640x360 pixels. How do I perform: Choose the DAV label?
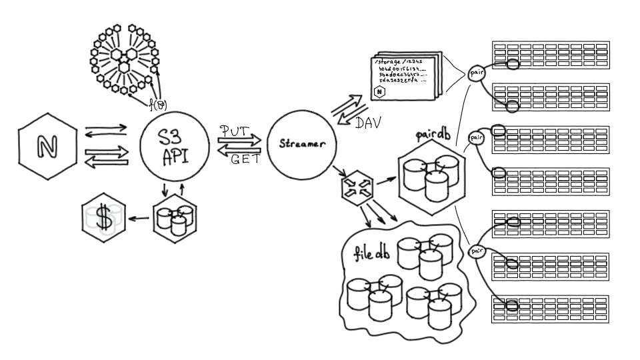[x=369, y=123]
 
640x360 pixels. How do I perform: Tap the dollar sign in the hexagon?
[x=103, y=217]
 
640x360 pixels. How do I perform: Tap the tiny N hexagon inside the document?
[x=379, y=91]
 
